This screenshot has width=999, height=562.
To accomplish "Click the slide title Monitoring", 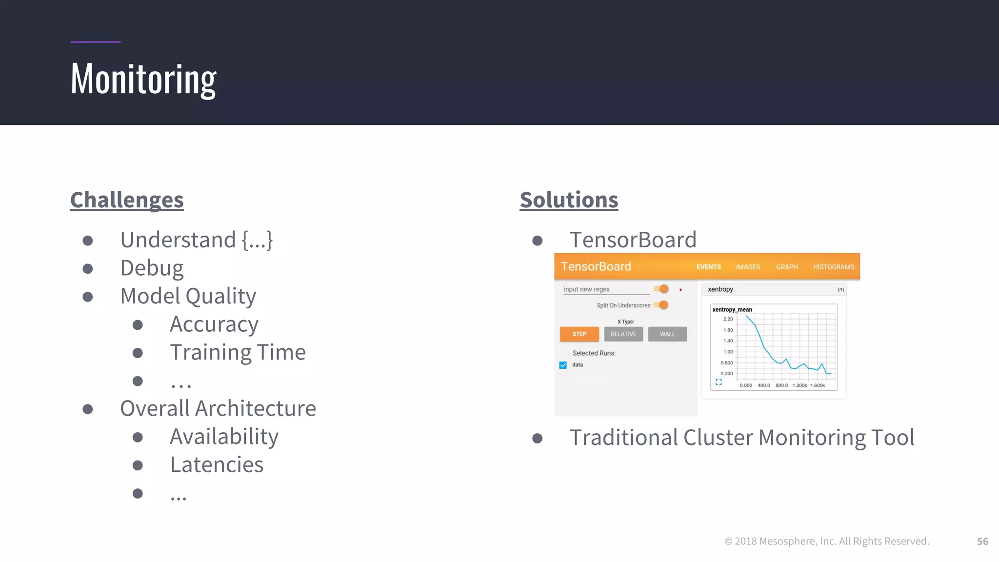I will tap(143, 80).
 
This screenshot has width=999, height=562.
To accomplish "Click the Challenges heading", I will tap(127, 200).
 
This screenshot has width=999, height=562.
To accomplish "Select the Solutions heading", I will tap(569, 200).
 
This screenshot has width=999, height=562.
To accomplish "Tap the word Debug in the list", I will tap(152, 268).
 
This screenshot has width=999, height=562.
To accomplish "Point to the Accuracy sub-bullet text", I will tap(214, 324).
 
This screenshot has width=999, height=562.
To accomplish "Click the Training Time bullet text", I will tap(238, 352).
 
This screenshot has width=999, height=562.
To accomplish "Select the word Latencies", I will tap(217, 464).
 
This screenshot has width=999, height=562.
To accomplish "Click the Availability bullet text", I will tap(224, 437).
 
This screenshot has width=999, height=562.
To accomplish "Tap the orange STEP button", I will tap(579, 334).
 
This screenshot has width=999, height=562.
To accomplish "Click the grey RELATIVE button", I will tap(623, 334).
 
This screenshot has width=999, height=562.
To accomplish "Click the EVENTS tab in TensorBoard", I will tap(708, 267).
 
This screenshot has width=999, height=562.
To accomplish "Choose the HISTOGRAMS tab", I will tap(833, 267).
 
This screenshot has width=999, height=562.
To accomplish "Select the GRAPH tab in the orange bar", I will tap(787, 267).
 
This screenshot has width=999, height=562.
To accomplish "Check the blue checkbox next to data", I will tap(563, 365).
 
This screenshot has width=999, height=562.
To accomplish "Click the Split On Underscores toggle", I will tap(661, 305).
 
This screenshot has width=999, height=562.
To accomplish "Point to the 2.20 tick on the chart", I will tap(728, 319).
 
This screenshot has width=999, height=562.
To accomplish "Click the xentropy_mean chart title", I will tap(732, 310).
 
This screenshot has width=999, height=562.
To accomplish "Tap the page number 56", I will tap(982, 542).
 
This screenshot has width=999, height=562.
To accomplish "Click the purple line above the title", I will tap(95, 42).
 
